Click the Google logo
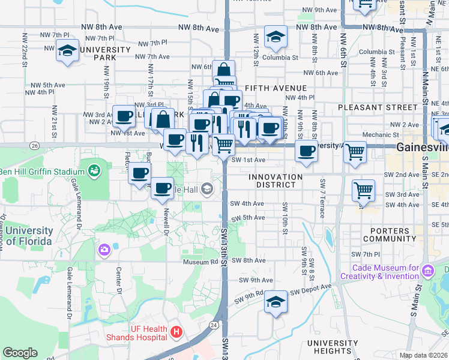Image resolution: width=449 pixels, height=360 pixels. coord(20,352)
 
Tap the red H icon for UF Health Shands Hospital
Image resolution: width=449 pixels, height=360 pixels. coord(176,331)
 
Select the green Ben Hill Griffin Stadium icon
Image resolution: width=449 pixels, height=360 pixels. coord(94,172)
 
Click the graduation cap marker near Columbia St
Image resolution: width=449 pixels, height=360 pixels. coord(276,37)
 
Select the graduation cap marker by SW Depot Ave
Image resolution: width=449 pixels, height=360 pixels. coord(276,301)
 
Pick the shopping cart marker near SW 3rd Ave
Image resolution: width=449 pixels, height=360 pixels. coord(363,190)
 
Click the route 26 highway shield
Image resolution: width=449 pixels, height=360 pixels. coord(35,145)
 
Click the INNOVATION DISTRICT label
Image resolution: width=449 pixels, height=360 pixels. coord(276,181)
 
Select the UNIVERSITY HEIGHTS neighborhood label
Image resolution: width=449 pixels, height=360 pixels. coord(328,346)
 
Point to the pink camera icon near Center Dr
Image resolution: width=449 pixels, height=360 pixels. coord(104,249)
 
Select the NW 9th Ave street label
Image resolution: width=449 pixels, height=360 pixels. coord(319,10)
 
